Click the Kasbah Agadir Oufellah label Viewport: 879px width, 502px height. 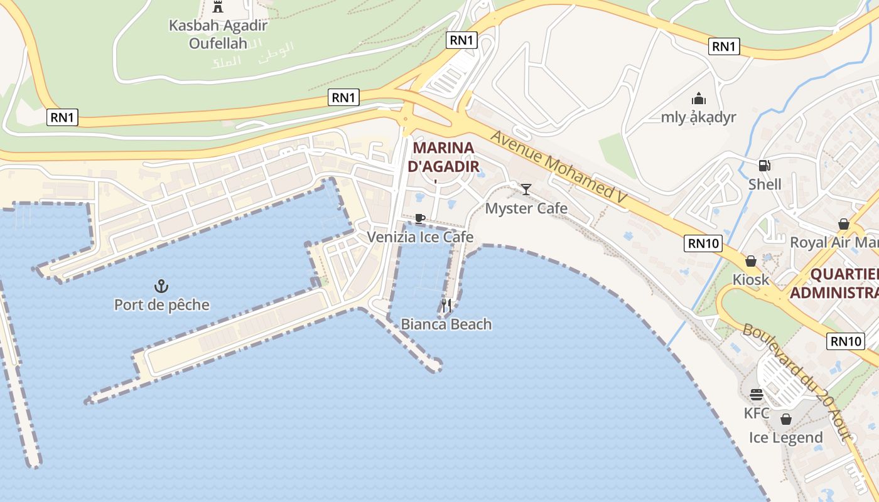click(x=218, y=35)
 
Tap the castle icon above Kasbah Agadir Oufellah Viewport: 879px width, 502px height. click(x=218, y=8)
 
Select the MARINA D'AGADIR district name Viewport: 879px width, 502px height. click(x=443, y=158)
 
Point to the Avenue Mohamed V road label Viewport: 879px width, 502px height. click(x=559, y=167)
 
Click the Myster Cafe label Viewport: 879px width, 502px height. click(x=526, y=208)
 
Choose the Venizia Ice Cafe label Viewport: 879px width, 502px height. click(x=420, y=237)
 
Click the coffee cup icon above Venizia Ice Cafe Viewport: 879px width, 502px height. click(x=420, y=218)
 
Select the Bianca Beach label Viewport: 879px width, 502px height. click(x=446, y=324)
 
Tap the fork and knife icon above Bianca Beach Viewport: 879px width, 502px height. click(x=446, y=306)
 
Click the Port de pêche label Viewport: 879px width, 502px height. click(x=161, y=305)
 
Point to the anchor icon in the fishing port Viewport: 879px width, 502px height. click(x=161, y=287)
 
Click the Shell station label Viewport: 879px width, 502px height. click(x=765, y=184)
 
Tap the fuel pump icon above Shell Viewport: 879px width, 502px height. click(x=765, y=166)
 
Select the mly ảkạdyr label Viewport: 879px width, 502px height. click(x=698, y=117)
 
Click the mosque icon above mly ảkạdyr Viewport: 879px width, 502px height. click(x=698, y=99)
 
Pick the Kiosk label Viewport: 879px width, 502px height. click(x=750, y=279)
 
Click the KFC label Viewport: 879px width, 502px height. click(x=757, y=413)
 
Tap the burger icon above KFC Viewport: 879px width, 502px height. click(x=757, y=394)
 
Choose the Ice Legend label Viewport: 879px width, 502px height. click(x=785, y=437)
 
